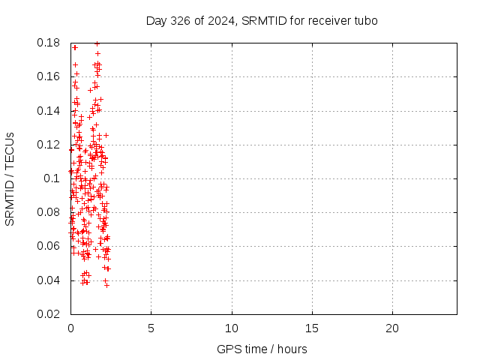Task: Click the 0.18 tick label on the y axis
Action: coord(48,43)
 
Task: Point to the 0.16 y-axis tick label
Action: coord(48,76)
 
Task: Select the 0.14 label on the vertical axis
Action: coord(48,111)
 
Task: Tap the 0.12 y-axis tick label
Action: coord(48,145)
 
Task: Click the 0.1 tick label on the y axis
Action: coord(52,178)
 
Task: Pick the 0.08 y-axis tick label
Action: coord(48,212)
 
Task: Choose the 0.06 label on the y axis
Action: coord(48,246)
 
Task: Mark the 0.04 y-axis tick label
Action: coord(48,280)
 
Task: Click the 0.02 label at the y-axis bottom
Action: coord(48,314)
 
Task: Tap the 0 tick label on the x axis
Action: coord(70,328)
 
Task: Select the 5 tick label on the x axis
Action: coord(151,328)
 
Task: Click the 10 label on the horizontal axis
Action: coord(232,328)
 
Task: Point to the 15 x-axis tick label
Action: coord(312,328)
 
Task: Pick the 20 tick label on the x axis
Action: coord(392,328)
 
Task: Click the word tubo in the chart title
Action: coord(366,21)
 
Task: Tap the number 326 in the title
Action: coord(180,21)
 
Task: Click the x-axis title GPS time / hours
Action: coord(262,349)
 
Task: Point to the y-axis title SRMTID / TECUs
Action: coord(10,179)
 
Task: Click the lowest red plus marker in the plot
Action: coord(106,285)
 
